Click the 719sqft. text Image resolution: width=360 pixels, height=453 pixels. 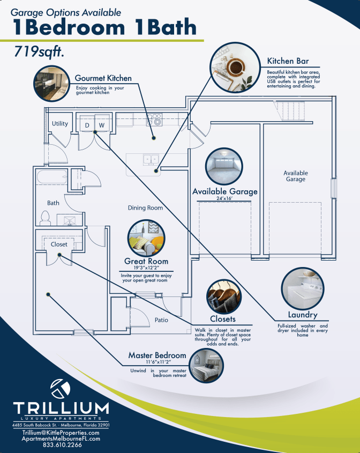pyautogui.click(x=39, y=52)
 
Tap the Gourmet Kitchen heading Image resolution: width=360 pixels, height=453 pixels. pyautogui.click(x=103, y=78)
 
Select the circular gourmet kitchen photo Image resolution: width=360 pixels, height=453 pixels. pyautogui.click(x=51, y=83)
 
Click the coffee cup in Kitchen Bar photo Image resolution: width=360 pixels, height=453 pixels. pyautogui.click(x=235, y=67)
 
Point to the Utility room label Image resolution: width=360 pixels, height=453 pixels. pyautogui.click(x=60, y=124)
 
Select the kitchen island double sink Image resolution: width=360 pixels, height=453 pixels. pyautogui.click(x=151, y=159)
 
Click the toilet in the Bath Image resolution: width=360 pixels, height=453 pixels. pyautogui.click(x=46, y=218)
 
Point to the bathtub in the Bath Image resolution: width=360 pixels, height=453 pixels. pyautogui.click(x=52, y=177)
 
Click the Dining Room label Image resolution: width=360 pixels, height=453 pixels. pyautogui.click(x=145, y=207)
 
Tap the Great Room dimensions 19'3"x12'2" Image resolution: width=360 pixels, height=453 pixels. pyautogui.click(x=146, y=268)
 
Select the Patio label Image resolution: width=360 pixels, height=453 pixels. pyautogui.click(x=161, y=320)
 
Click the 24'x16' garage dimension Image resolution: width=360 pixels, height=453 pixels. pyautogui.click(x=224, y=198)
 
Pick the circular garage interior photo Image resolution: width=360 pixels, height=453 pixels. pyautogui.click(x=224, y=166)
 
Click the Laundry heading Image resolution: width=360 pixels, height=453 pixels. pyautogui.click(x=303, y=315)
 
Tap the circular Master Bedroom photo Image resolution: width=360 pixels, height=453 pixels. pyautogui.click(x=206, y=365)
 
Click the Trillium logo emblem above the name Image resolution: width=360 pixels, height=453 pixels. pyautogui.click(x=61, y=389)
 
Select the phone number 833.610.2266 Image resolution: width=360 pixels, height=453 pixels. pyautogui.click(x=62, y=444)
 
